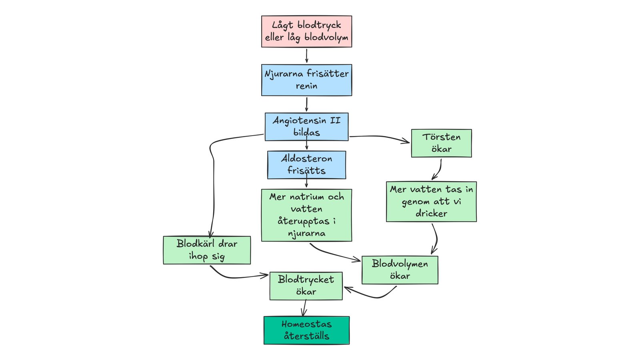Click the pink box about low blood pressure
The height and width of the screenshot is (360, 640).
(306, 32)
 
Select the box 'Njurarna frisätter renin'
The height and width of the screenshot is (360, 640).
(306, 80)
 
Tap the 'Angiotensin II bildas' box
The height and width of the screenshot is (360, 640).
(306, 126)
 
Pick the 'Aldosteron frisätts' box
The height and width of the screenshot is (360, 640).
(306, 165)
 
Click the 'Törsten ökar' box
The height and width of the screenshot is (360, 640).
(442, 143)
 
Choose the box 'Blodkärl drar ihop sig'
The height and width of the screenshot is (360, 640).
(207, 250)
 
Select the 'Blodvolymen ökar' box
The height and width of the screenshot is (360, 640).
(400, 270)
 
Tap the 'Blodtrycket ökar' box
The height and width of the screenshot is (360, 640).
(306, 286)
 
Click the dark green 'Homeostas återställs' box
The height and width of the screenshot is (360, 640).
(306, 330)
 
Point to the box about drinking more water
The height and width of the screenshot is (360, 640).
(432, 202)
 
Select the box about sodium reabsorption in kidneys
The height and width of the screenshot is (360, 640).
(306, 215)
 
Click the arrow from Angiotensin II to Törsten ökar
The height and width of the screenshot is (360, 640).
(380, 136)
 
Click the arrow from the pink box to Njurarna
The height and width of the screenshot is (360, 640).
(306, 56)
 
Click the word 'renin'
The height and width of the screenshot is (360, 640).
(306, 86)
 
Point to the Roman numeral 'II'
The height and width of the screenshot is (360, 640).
(335, 120)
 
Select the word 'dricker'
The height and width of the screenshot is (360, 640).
(432, 214)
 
